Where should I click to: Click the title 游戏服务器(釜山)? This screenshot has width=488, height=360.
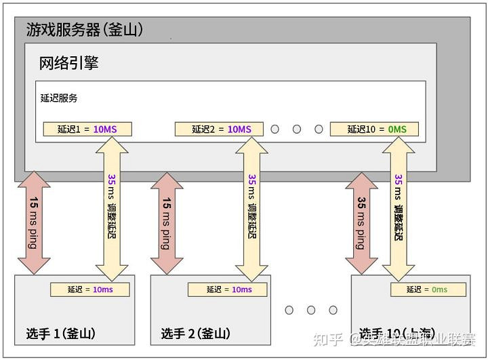[x=84, y=30]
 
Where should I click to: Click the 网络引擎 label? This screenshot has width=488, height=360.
[x=69, y=64]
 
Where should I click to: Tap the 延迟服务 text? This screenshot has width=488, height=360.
[x=59, y=98]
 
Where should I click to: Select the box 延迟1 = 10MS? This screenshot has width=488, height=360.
[x=87, y=129]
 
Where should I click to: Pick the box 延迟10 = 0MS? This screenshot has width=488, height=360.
[x=374, y=129]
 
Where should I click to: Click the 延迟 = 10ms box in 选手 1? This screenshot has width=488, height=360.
[x=89, y=289]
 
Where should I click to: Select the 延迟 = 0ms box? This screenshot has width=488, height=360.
[x=428, y=289]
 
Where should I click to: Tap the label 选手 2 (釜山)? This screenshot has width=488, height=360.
[x=196, y=334]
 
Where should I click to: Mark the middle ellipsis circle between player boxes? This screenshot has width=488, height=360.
[x=311, y=310]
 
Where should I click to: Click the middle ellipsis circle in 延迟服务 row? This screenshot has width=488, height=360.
[x=297, y=129]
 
